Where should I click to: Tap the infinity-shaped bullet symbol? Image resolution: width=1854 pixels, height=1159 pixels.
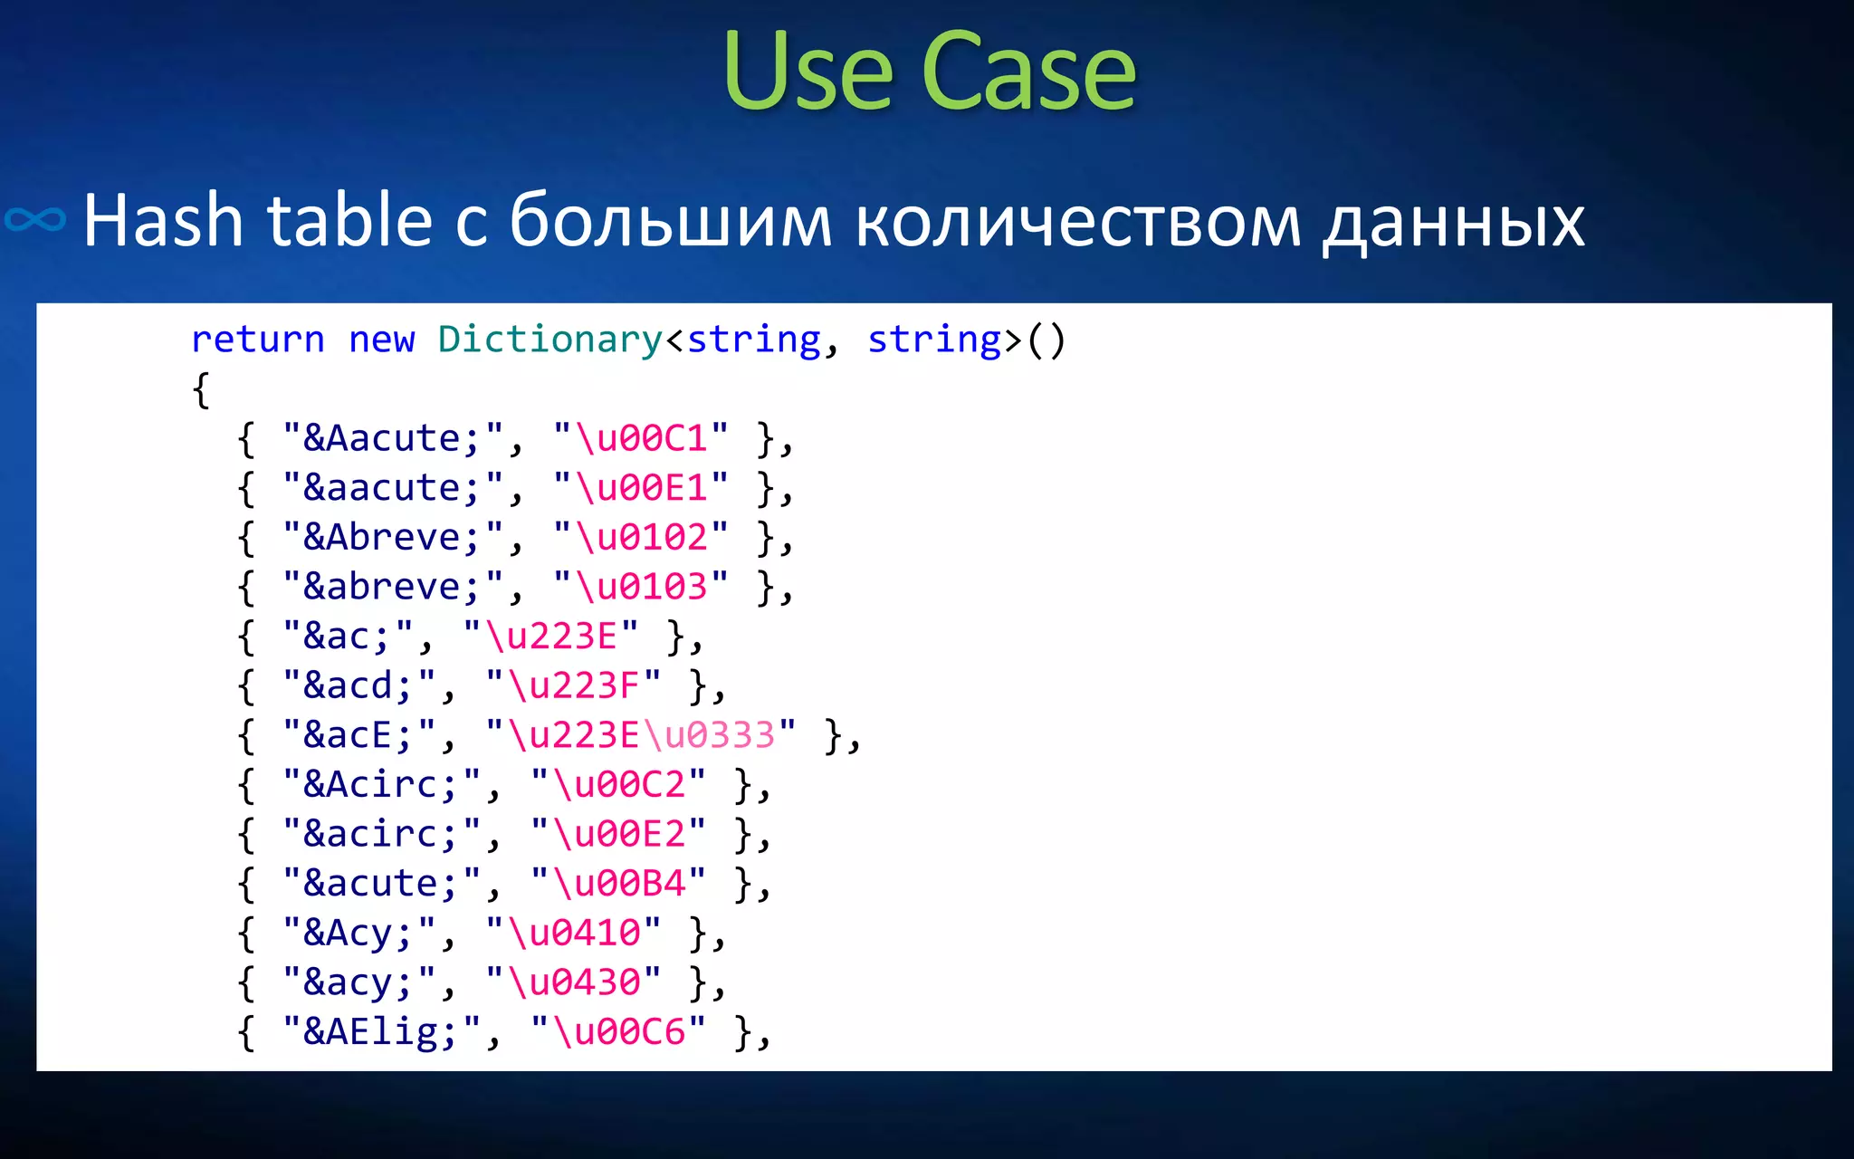(x=35, y=219)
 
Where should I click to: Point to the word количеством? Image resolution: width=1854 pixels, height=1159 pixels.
(x=1077, y=222)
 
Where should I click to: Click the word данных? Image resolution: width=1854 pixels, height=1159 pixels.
(x=1454, y=222)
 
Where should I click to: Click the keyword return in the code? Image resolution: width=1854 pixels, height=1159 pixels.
(x=258, y=340)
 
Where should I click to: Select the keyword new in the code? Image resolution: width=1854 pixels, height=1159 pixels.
(x=381, y=340)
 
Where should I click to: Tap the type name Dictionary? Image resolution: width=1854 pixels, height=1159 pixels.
(x=550, y=340)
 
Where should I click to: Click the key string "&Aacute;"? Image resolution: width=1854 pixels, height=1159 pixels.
(x=393, y=438)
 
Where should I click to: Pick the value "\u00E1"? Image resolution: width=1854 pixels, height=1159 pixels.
(x=641, y=488)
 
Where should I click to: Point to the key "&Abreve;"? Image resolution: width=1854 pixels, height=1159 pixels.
(x=393, y=537)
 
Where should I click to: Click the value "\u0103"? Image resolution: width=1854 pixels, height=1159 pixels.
(x=641, y=587)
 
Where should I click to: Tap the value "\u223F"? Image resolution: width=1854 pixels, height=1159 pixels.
(x=574, y=685)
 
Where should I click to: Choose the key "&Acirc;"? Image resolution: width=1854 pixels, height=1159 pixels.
(x=381, y=784)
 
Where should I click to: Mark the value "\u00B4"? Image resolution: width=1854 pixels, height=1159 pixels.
(x=618, y=884)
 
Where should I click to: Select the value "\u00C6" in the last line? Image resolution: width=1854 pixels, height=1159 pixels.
(x=618, y=1032)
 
